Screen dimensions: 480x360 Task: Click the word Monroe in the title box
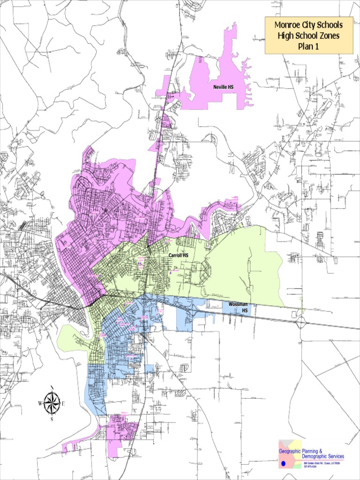coord(288,25)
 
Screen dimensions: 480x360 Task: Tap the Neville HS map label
coord(223,87)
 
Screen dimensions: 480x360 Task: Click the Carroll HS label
coord(178,255)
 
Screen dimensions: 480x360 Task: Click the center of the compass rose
coord(52,403)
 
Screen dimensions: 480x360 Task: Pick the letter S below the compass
coord(52,419)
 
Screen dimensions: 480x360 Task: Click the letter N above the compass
coord(52,388)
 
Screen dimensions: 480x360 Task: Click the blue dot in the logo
coord(283,463)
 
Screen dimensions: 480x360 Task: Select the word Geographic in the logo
coord(290,451)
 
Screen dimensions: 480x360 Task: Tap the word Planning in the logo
coord(325,451)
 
